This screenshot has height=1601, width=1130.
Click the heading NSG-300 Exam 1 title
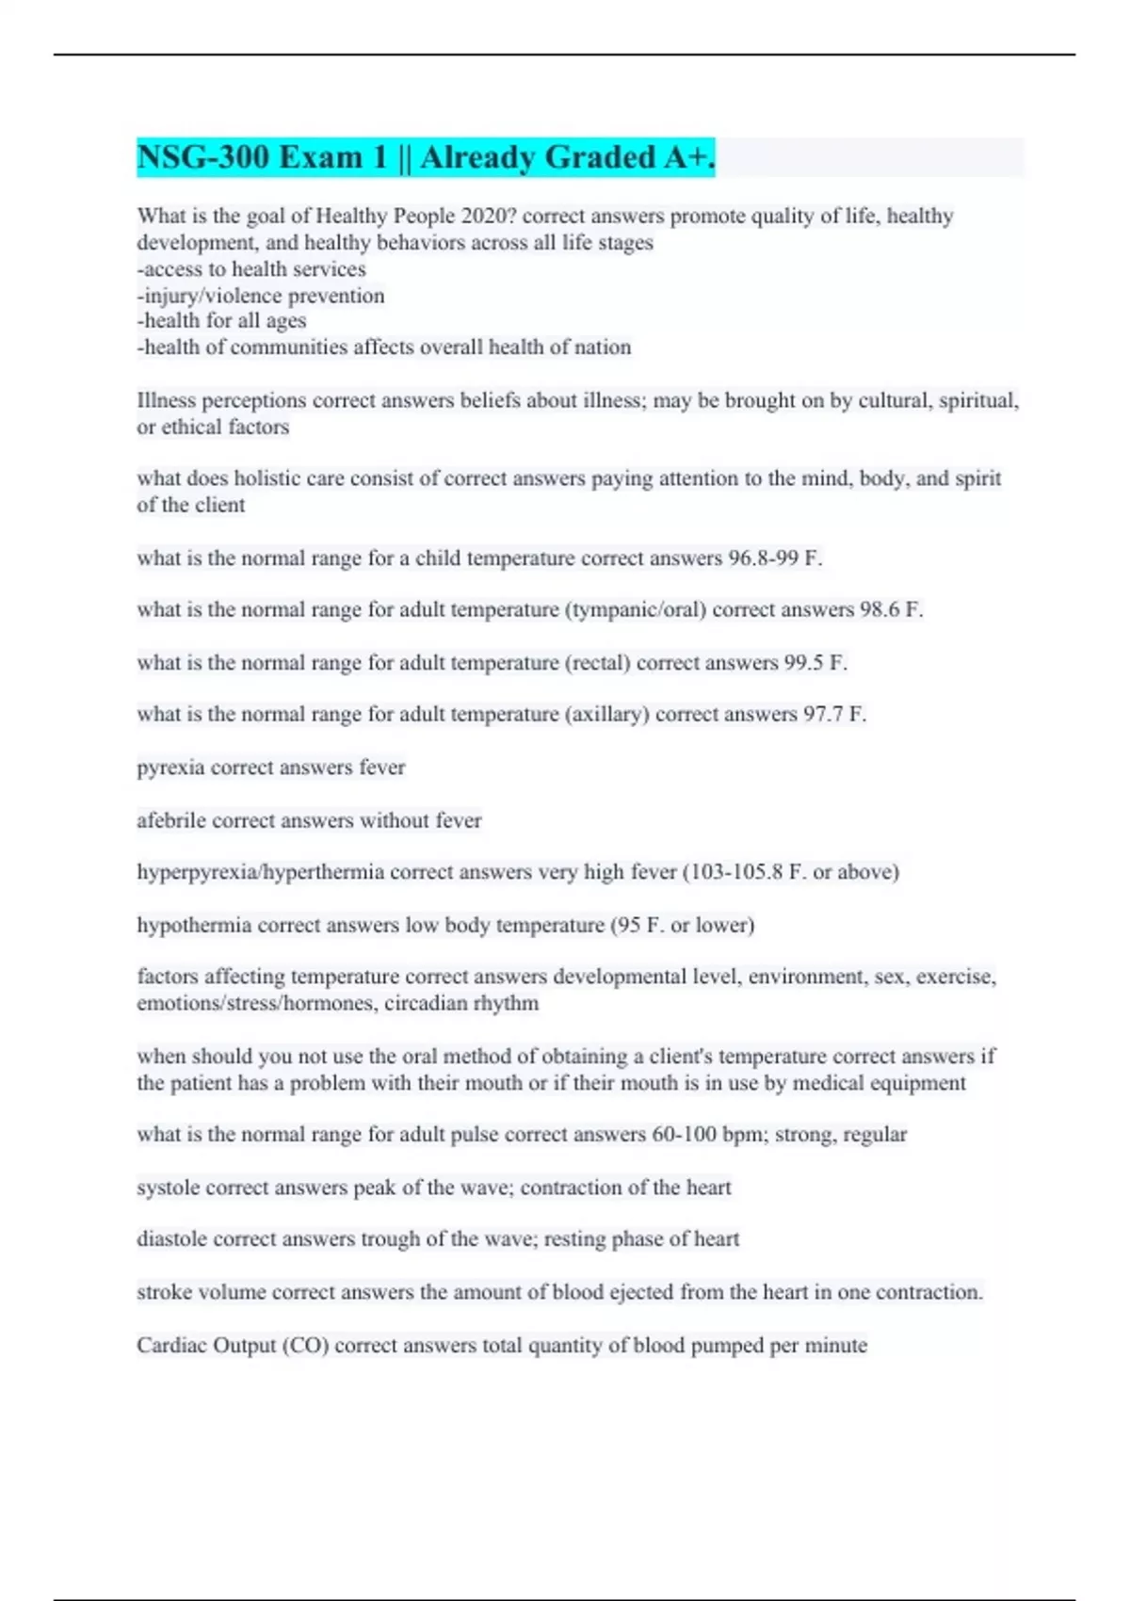[x=426, y=157]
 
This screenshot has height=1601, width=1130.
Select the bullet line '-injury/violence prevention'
[x=261, y=296]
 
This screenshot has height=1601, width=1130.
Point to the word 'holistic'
[x=266, y=478]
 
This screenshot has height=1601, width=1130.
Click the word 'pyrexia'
[x=170, y=768]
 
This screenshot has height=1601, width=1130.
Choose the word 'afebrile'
[x=171, y=820]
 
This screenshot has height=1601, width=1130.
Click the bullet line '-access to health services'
[x=251, y=269]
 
